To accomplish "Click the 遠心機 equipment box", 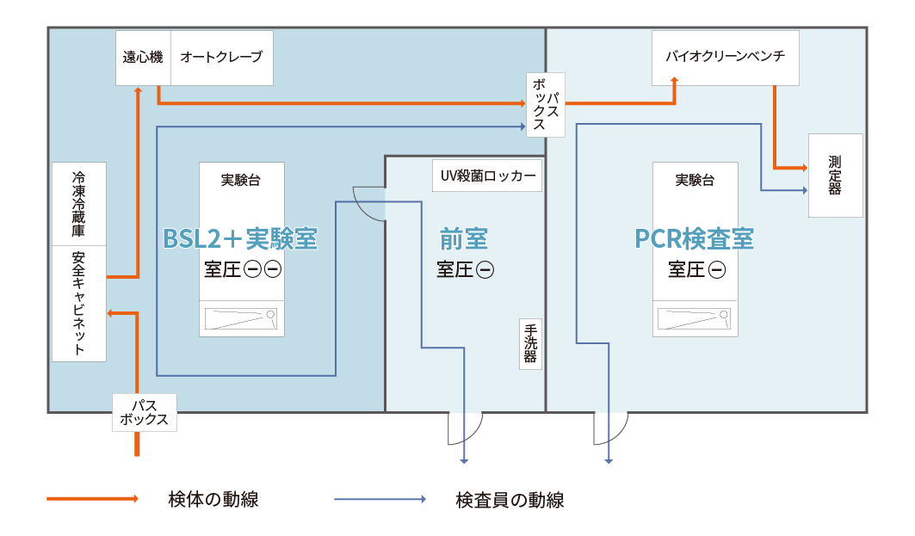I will point(143,58).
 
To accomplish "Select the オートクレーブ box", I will point(221,58).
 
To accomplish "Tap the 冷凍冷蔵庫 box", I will point(78,203).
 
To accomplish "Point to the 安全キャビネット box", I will point(78,303).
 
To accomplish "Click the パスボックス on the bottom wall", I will point(145,413).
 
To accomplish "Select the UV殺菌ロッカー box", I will point(488,176).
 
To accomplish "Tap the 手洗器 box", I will point(530,343).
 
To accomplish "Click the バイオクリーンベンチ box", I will point(725,58).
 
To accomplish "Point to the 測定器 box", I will point(835,176).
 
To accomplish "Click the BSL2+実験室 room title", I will point(240,238).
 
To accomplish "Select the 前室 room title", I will point(464,238).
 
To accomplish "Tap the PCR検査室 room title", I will point(694,238).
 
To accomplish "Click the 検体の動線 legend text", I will point(214,499).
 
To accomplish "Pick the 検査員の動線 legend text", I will point(510,499).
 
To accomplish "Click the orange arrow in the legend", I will point(91,499).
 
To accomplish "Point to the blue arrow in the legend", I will point(379,499).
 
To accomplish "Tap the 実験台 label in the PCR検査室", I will point(694,181).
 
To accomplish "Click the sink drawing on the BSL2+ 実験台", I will point(240,319).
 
